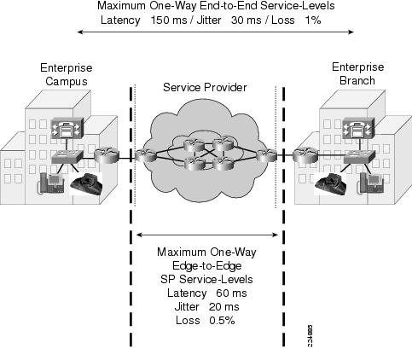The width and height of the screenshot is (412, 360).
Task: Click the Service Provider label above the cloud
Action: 205,87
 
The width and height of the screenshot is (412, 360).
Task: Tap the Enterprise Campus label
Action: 67,74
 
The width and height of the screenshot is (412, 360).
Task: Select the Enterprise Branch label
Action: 357,73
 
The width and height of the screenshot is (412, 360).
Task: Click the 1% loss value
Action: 313,20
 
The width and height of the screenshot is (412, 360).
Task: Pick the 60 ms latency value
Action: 231,293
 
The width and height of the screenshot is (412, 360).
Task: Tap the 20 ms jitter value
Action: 224,306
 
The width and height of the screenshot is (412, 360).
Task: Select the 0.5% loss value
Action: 222,320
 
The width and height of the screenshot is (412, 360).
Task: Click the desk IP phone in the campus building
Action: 51,183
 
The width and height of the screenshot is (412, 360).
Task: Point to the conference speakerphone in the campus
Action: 86,184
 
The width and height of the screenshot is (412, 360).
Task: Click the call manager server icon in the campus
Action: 67,128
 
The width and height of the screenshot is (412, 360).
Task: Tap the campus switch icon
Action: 67,157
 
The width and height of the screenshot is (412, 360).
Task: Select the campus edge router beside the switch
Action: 106,156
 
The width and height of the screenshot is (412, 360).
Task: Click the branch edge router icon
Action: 306,155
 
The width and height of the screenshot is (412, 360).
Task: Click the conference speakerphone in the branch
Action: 330,184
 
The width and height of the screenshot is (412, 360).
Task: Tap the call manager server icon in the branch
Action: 358,128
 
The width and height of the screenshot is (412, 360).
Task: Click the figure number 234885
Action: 310,336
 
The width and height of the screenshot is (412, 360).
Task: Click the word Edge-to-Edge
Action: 207,265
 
